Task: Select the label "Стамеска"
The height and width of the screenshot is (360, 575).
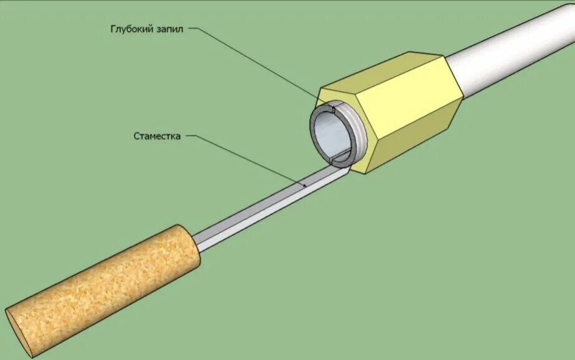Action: click(157, 136)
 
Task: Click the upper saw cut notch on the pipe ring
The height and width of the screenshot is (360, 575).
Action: click(334, 110)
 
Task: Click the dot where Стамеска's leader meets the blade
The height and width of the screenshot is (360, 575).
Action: click(304, 185)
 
